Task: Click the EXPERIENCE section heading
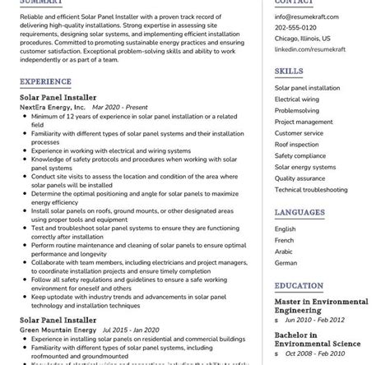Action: click(45, 82)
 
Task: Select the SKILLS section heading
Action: click(289, 72)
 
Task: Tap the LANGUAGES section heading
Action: click(299, 212)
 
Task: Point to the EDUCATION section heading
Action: click(299, 285)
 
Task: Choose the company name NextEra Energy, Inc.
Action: click(53, 107)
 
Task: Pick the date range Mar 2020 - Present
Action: click(120, 107)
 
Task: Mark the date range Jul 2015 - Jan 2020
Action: click(129, 330)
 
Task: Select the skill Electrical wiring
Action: click(297, 99)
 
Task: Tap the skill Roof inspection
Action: click(297, 144)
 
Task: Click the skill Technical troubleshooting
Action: click(311, 189)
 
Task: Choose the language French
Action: click(285, 240)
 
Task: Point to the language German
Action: click(286, 263)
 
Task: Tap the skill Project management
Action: click(304, 122)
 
